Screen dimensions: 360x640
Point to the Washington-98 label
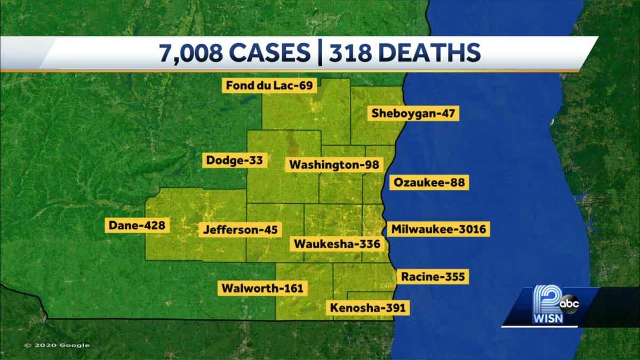click(x=334, y=165)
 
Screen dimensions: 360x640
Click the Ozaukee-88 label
click(x=429, y=183)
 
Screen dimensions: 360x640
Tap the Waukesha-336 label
click(x=337, y=244)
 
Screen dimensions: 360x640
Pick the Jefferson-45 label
click(x=240, y=230)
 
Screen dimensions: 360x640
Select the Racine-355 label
click(x=433, y=276)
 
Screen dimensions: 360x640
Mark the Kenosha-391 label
click(x=368, y=308)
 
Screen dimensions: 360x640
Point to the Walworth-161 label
click(x=262, y=289)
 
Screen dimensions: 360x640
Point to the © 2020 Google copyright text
click(x=57, y=345)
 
